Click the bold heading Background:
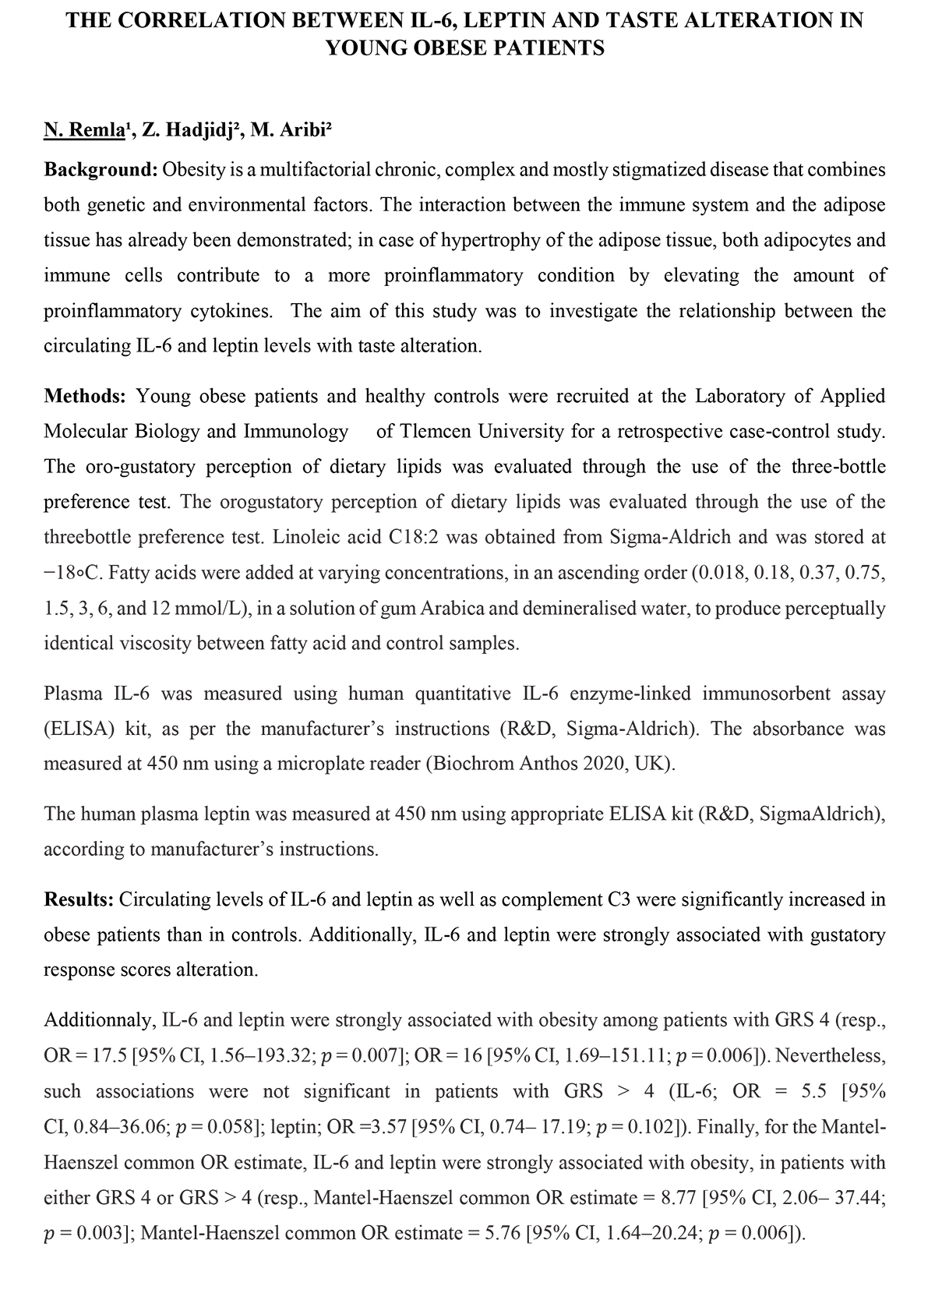[101, 169]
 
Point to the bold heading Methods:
[85, 396]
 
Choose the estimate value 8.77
[679, 1198]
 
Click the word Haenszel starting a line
[81, 1163]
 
